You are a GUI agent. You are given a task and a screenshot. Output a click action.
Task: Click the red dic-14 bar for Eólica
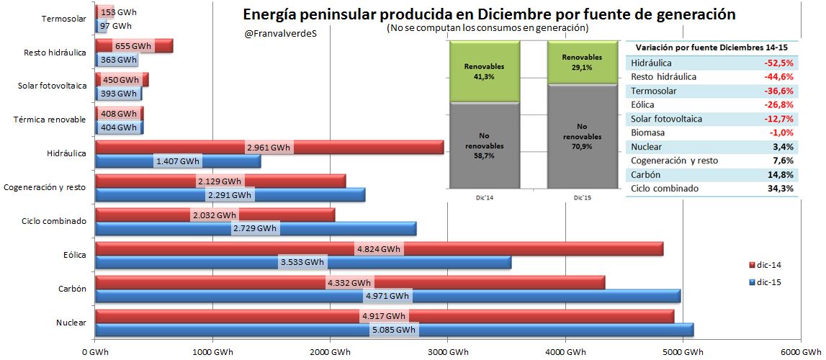(x=504, y=249)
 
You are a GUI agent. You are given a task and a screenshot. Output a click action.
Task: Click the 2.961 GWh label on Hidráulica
(x=268, y=148)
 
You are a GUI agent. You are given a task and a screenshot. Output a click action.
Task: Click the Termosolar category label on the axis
(x=64, y=19)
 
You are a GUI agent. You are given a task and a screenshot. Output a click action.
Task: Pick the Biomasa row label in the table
(x=647, y=132)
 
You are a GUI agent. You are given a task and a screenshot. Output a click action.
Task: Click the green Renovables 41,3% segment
(x=484, y=71)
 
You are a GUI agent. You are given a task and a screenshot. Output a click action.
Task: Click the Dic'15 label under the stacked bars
(x=582, y=197)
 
